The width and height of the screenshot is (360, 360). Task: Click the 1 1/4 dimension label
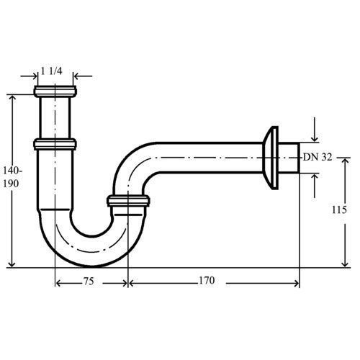point(52,71)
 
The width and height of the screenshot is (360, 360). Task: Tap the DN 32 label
point(318,157)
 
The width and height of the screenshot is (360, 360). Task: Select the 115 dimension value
point(339,210)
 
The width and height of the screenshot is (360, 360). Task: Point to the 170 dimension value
point(207,280)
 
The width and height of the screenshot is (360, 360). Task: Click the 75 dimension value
point(89,282)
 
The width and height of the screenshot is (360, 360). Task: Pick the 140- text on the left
point(12,171)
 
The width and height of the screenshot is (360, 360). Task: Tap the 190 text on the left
point(11,184)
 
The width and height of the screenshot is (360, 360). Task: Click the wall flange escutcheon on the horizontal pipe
point(271,158)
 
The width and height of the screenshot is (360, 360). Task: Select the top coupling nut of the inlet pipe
point(55,91)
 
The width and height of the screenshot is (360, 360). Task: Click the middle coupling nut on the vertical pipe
point(55,145)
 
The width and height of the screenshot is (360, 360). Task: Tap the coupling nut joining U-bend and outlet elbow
point(128,201)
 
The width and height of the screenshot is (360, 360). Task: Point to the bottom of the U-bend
point(92,266)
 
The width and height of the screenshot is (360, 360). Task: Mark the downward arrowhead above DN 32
point(315,139)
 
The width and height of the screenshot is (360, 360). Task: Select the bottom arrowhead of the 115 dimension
point(345,264)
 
